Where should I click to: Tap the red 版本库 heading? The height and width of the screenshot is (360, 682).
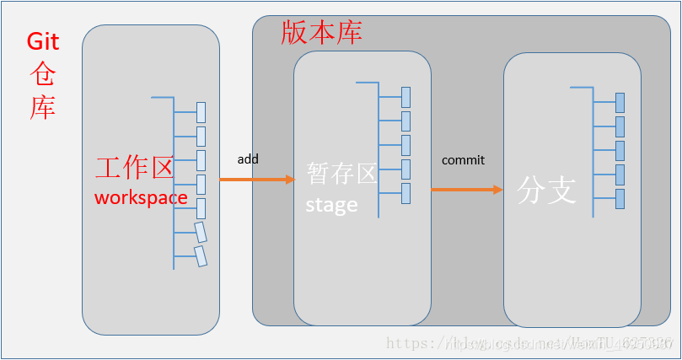coord(321,32)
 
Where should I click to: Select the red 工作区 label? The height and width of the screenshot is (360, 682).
coord(134,168)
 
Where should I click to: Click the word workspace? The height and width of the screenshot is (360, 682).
coord(141,197)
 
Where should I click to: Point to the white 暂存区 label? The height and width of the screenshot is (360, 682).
coord(341,174)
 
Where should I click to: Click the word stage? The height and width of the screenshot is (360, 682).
coord(331,205)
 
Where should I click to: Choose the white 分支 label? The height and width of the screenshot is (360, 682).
coord(546,191)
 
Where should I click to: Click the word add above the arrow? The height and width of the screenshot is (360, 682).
coord(248,159)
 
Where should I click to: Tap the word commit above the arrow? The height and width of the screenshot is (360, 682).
coord(463,160)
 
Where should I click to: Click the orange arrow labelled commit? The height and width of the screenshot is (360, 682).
coord(467,190)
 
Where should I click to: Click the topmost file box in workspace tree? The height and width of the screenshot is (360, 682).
coord(201,111)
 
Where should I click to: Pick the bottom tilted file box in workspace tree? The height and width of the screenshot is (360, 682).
coord(201,255)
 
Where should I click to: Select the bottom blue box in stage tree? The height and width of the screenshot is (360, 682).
coord(405,193)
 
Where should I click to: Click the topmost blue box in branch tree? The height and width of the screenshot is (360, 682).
coord(620,102)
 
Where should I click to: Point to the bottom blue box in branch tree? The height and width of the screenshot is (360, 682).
coord(620,199)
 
